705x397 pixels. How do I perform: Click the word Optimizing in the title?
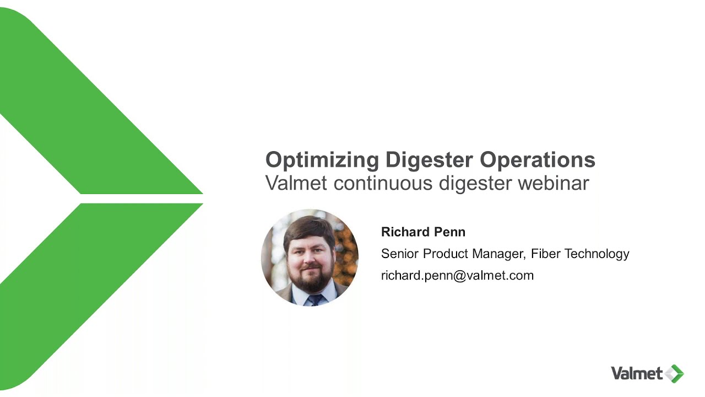click(322, 160)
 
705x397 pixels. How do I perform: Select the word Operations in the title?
click(537, 160)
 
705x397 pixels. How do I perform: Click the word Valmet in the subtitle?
click(296, 183)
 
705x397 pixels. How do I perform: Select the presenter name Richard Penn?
click(423, 232)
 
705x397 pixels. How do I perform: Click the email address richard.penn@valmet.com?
click(457, 275)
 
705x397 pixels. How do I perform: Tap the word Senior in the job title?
click(400, 254)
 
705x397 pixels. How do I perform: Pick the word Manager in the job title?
click(501, 254)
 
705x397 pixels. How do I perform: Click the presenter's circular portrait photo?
click(310, 257)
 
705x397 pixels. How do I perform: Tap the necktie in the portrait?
click(314, 299)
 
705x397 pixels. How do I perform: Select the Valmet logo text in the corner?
click(636, 373)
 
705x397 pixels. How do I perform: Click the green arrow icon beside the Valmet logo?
click(674, 373)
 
